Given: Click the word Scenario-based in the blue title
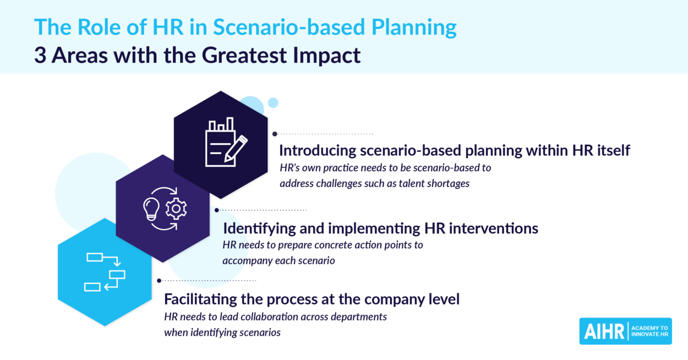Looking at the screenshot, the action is pyautogui.click(x=289, y=27).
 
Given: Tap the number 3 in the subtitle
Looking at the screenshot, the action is pyautogui.click(x=40, y=55).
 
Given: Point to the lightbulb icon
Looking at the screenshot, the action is pyautogui.click(x=151, y=209).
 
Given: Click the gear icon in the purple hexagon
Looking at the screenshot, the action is pyautogui.click(x=176, y=209).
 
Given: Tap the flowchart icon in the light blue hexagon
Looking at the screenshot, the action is pyautogui.click(x=105, y=272).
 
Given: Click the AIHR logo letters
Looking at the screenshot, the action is pyautogui.click(x=604, y=331).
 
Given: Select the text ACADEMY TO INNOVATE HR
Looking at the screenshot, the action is pyautogui.click(x=649, y=331).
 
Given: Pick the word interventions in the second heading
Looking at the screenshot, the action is pyautogui.click(x=494, y=228).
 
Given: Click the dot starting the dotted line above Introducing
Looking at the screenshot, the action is pyautogui.click(x=275, y=134).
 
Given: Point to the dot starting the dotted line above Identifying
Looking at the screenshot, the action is pyautogui.click(x=217, y=210).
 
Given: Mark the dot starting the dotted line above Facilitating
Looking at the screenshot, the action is pyautogui.click(x=159, y=280).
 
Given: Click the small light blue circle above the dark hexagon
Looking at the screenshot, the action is pyautogui.click(x=273, y=103).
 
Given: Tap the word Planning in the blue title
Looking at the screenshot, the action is pyautogui.click(x=414, y=28).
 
